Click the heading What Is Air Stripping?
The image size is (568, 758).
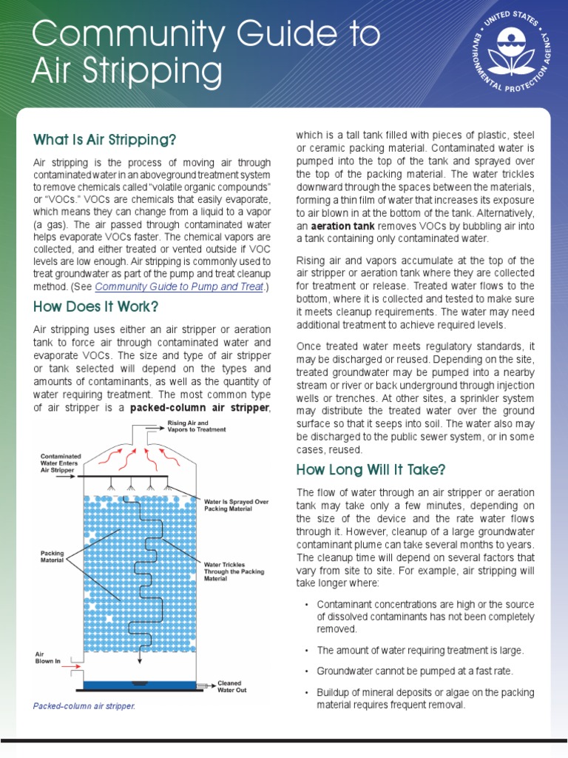[104, 140]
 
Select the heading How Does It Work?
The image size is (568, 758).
[95, 306]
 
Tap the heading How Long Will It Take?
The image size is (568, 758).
[371, 469]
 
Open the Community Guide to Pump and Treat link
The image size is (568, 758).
[179, 286]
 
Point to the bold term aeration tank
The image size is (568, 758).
[339, 224]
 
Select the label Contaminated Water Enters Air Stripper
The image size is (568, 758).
[61, 463]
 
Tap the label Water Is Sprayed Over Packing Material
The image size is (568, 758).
[235, 505]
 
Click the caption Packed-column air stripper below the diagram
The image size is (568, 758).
[84, 706]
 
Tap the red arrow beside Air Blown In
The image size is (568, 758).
[72, 667]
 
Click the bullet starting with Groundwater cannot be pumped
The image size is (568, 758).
[414, 671]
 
